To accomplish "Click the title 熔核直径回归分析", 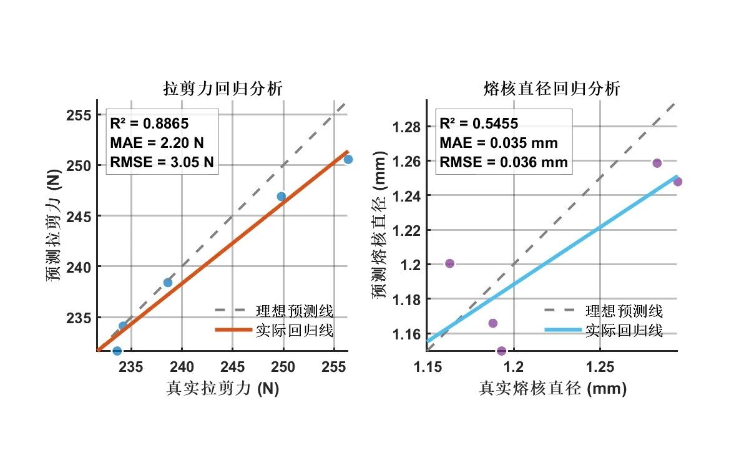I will (552, 89).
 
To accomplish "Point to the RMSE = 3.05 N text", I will (162, 163).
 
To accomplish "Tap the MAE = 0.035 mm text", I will (498, 143).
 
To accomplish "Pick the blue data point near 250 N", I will (281, 197).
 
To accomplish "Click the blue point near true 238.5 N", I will (168, 283).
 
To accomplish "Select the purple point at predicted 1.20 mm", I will (449, 263).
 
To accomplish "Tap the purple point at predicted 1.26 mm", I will (657, 163).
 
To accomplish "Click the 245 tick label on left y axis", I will (81, 217).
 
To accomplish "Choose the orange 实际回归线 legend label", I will (294, 330).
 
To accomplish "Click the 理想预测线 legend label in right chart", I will (624, 310).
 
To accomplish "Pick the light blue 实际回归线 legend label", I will (624, 330).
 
